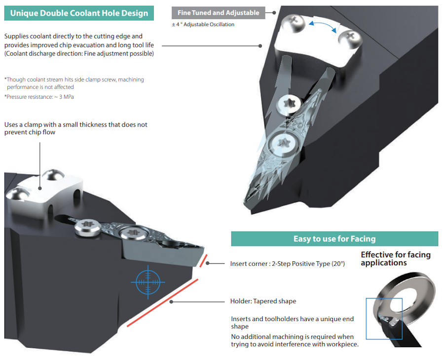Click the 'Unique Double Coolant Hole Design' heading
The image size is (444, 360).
79,13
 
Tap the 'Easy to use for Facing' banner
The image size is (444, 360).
334,239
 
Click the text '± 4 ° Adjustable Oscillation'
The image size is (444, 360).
203,25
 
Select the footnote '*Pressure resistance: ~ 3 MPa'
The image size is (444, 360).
39,97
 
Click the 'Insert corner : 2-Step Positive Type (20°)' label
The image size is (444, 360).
287,264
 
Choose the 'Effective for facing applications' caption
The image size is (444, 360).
396,259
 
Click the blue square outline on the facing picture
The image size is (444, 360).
384,319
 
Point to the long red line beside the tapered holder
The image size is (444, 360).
163,302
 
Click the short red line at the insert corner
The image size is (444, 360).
203,260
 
